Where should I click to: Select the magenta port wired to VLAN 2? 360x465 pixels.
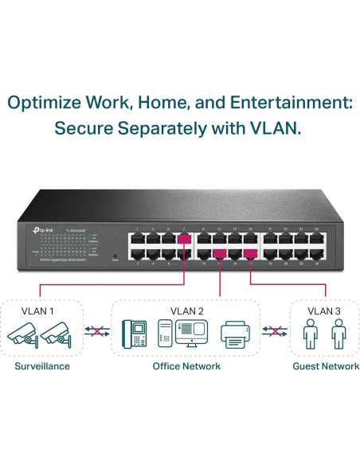pyautogui.click(x=217, y=253)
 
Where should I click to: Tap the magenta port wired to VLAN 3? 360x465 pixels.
pyautogui.click(x=250, y=253)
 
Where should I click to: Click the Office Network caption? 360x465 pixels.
pyautogui.click(x=186, y=366)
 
